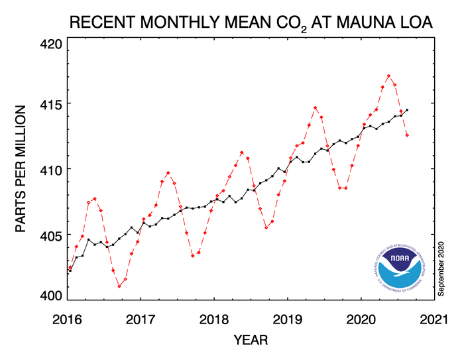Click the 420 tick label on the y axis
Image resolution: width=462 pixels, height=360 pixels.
pyautogui.click(x=49, y=45)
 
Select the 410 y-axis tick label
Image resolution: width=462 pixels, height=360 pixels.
pyautogui.click(x=49, y=170)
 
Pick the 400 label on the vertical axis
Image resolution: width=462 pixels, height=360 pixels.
pyautogui.click(x=49, y=296)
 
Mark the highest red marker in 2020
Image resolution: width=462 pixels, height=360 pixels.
pyautogui.click(x=388, y=76)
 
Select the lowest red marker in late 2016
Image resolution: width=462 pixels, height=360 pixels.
pyautogui.click(x=119, y=286)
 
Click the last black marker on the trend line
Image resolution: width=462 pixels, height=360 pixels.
pyautogui.click(x=407, y=110)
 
